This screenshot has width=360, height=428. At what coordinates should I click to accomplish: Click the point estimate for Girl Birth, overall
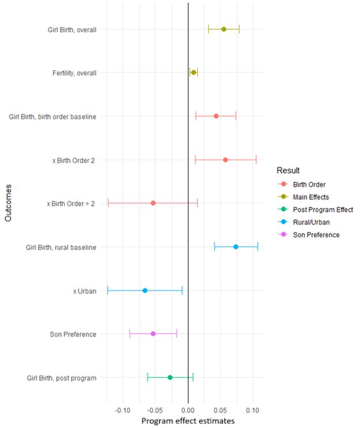click(x=224, y=29)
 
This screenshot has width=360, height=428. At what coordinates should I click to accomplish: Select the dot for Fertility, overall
click(x=194, y=73)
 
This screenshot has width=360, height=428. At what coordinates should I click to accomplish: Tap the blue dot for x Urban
click(x=145, y=290)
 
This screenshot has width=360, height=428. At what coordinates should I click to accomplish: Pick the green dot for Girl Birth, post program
click(x=170, y=377)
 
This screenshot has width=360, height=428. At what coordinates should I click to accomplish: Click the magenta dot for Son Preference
click(x=153, y=333)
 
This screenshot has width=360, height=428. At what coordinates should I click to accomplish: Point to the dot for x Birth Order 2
click(x=226, y=160)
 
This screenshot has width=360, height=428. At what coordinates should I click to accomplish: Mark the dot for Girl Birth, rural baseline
click(x=236, y=247)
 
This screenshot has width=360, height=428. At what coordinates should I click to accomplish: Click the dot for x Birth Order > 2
click(x=153, y=203)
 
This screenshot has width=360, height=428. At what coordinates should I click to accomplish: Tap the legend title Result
click(x=287, y=170)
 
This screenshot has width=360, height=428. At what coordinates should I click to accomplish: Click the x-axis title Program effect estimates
click(x=188, y=422)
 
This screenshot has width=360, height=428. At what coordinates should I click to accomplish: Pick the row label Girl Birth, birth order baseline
click(x=52, y=117)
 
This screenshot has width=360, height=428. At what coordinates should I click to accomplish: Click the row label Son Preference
click(x=73, y=334)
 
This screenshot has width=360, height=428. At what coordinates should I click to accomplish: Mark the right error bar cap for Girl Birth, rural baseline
click(x=258, y=247)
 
